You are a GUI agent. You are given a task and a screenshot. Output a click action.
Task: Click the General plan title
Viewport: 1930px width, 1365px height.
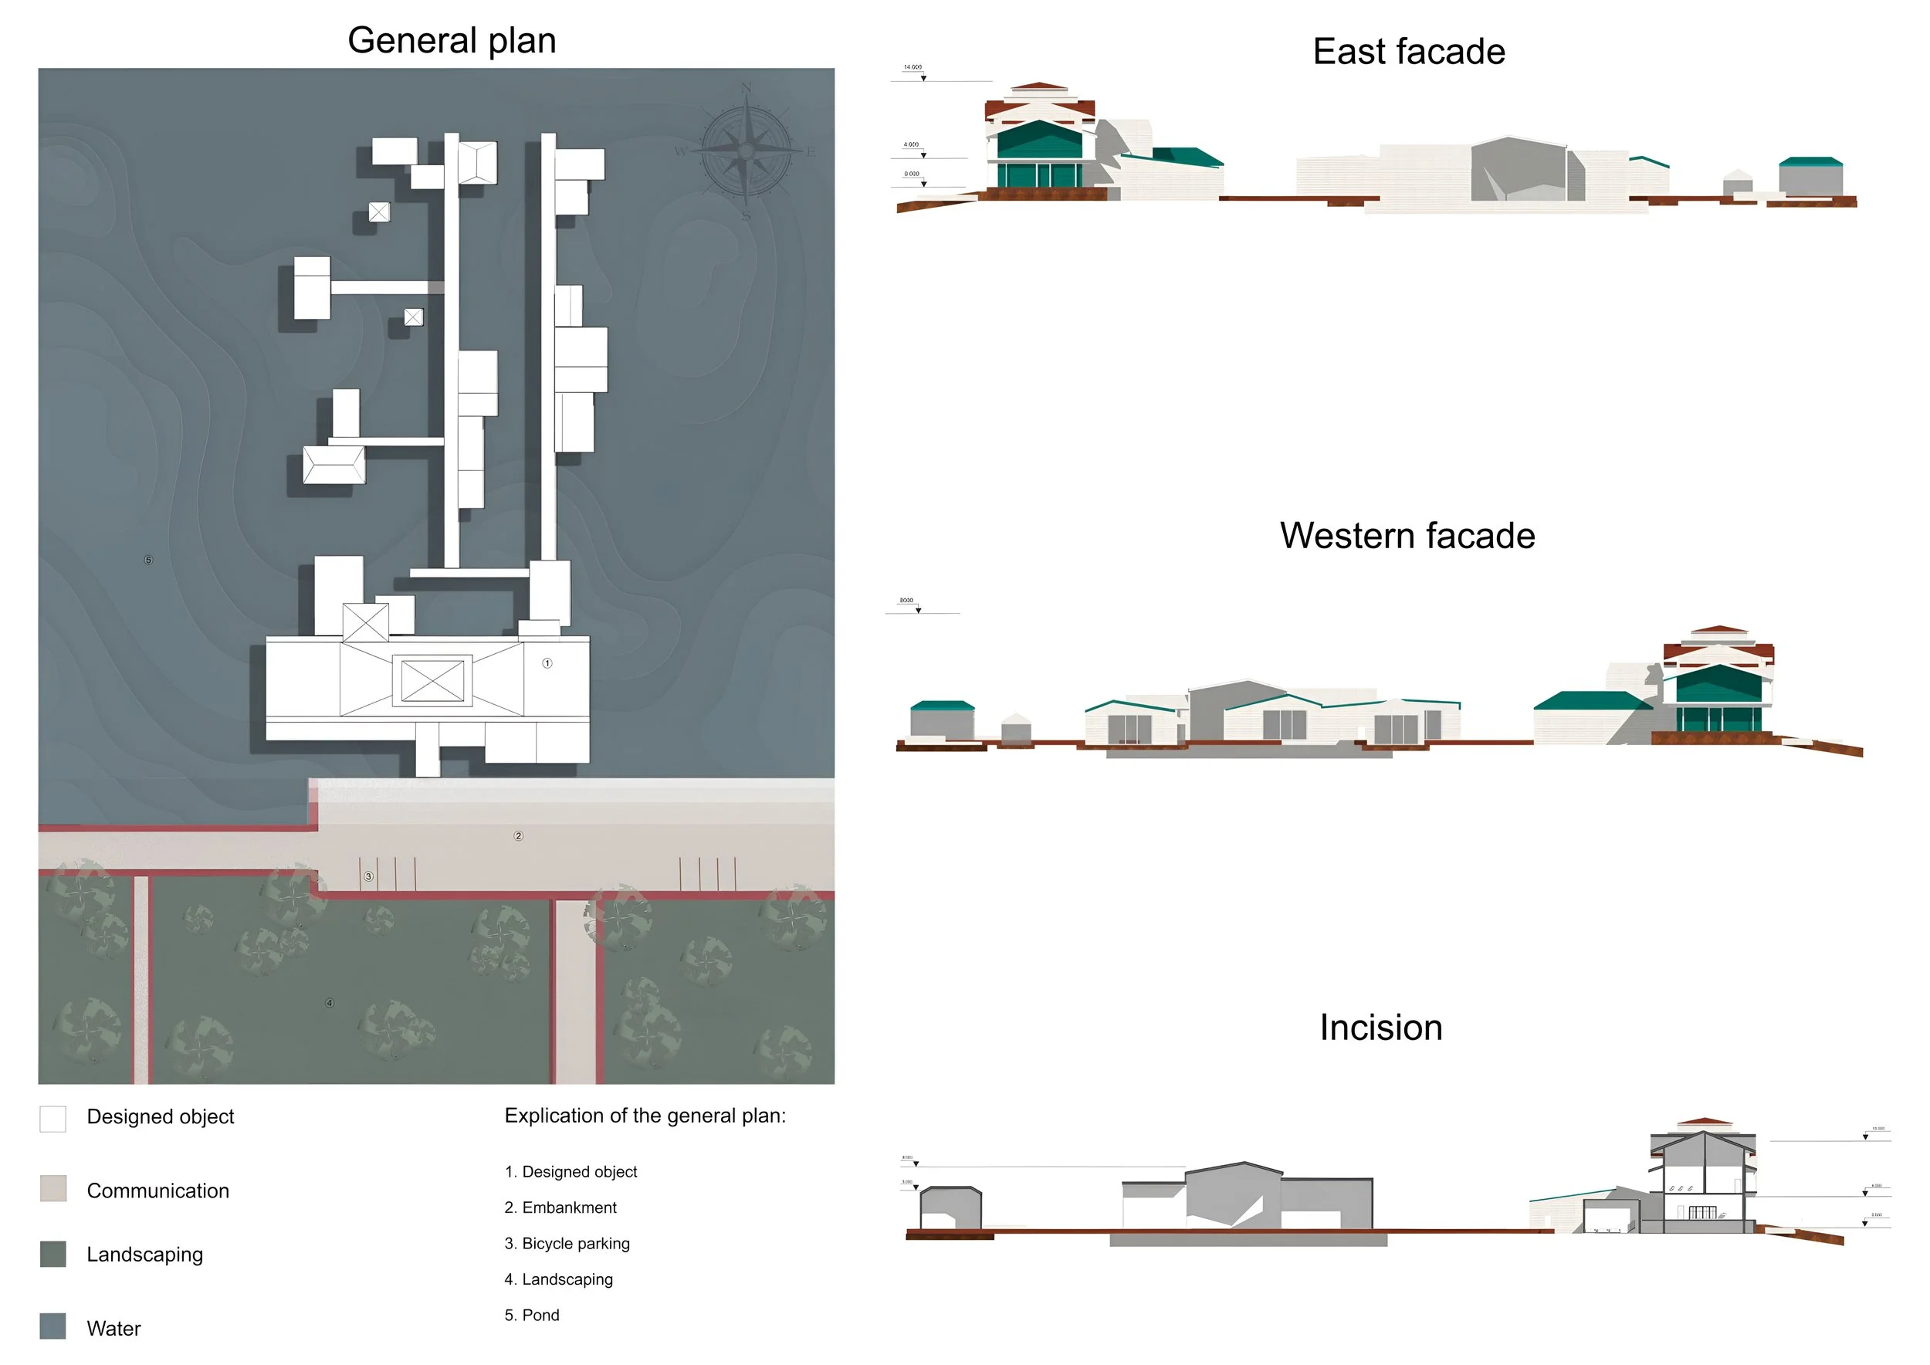click(x=452, y=40)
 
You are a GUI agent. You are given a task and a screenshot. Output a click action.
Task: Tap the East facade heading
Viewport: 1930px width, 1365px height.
click(x=1408, y=51)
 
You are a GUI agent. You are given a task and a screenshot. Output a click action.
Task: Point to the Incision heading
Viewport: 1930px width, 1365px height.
click(x=1380, y=1027)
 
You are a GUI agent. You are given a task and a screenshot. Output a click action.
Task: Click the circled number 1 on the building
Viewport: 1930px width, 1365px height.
click(x=547, y=663)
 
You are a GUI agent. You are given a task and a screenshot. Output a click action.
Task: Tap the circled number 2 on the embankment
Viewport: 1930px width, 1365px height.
click(x=519, y=835)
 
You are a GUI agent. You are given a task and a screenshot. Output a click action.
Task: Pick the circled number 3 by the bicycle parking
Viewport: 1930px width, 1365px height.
click(x=368, y=876)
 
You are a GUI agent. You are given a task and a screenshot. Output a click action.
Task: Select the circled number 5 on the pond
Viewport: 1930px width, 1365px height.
click(x=149, y=560)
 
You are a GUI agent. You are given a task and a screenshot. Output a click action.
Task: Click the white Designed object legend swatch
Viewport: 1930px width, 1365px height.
click(x=53, y=1119)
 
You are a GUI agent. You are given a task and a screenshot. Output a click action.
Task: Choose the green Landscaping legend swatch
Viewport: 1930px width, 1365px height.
click(x=53, y=1254)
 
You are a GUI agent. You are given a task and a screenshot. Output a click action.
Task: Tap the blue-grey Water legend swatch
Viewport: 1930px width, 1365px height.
click(x=53, y=1326)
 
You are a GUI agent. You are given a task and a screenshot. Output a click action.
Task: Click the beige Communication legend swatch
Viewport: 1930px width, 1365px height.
click(x=53, y=1188)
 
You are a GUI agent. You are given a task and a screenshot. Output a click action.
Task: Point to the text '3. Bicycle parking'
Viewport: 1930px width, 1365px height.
click(x=567, y=1243)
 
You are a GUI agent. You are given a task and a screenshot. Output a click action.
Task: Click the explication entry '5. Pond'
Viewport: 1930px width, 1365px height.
click(x=531, y=1315)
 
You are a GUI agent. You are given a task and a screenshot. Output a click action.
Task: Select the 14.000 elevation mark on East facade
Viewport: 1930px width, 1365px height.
click(x=913, y=67)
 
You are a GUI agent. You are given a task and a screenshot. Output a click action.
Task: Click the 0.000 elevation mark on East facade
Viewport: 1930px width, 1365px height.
click(x=912, y=174)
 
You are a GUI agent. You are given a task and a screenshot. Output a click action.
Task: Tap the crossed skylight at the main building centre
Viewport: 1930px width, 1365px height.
click(x=432, y=680)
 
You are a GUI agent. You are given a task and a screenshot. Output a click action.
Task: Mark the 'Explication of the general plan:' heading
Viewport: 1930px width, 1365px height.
click(x=645, y=1116)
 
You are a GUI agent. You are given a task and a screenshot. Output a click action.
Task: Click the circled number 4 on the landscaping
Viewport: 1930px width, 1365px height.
click(x=330, y=1003)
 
